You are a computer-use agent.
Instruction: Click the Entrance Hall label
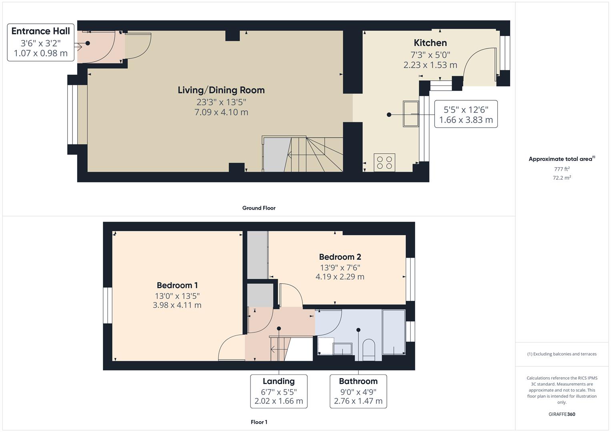(x=40, y=31)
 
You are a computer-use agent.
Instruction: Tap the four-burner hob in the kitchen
(x=384, y=162)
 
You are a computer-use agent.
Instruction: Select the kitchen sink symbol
(x=411, y=114)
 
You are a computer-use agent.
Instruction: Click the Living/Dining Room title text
(x=221, y=90)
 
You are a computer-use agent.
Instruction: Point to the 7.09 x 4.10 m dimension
(x=221, y=112)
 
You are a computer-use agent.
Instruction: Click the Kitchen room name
(x=430, y=43)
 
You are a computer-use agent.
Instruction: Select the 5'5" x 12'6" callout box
(x=466, y=114)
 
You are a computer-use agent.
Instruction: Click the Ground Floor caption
(x=259, y=208)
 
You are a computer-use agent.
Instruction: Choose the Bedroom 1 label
(x=177, y=285)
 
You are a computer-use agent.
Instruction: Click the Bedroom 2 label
(x=340, y=257)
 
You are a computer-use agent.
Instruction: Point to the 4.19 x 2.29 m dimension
(x=340, y=277)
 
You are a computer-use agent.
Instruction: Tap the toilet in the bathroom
(x=368, y=348)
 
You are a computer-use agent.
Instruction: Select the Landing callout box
(x=278, y=391)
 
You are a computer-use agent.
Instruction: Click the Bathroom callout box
(x=358, y=391)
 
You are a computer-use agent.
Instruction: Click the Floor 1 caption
(x=259, y=422)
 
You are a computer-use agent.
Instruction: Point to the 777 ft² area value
(x=562, y=169)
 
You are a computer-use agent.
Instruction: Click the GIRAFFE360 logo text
(x=562, y=414)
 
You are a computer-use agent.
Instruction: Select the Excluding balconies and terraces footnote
(x=562, y=354)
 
